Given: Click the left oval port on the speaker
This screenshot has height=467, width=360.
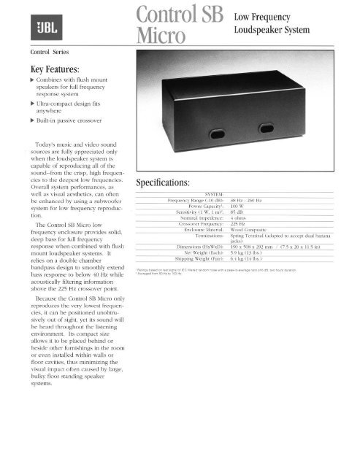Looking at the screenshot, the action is point(195,135).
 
